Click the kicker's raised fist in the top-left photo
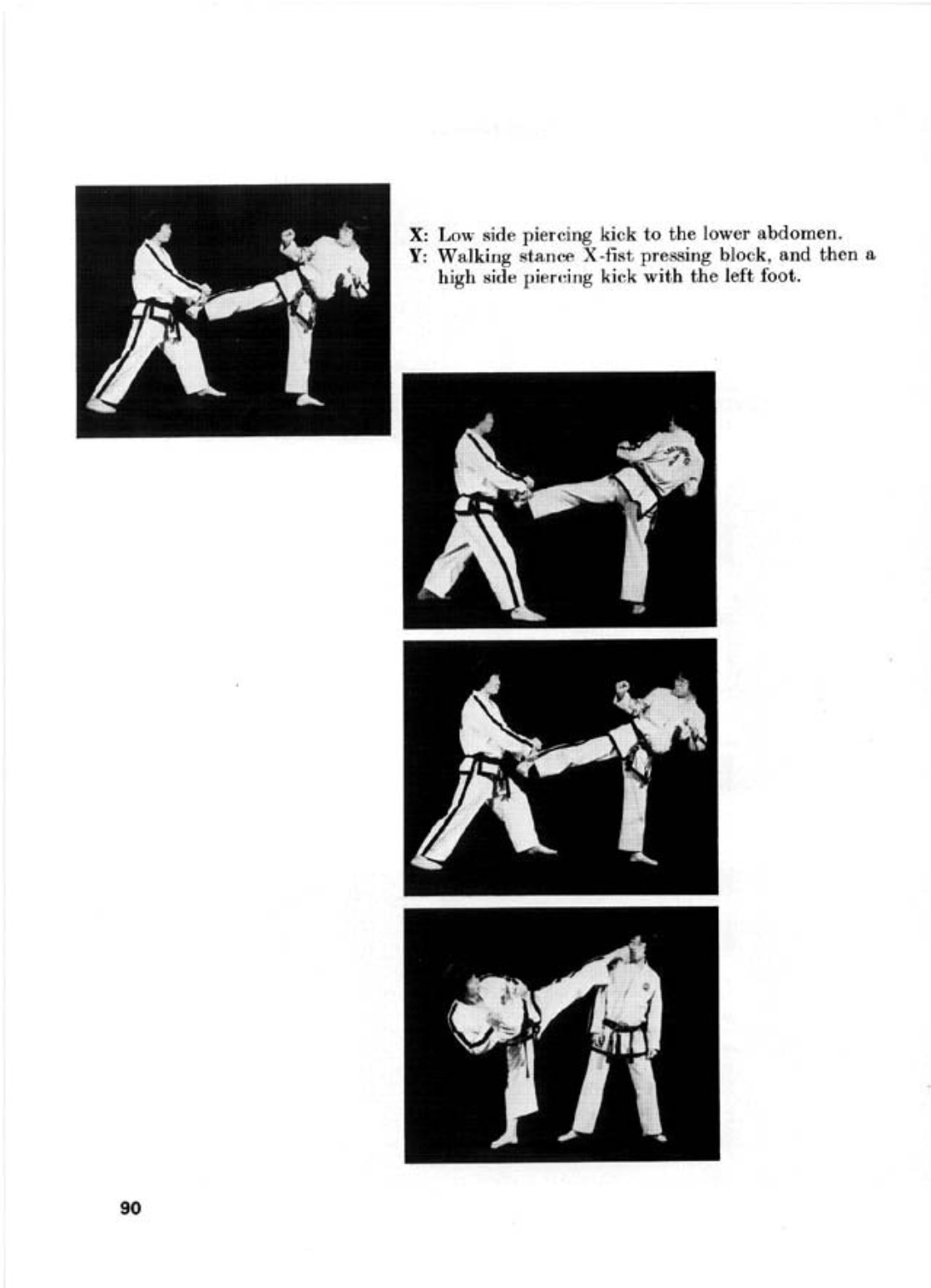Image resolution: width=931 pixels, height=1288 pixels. (x=287, y=235)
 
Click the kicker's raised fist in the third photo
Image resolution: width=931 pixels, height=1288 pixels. (x=623, y=687)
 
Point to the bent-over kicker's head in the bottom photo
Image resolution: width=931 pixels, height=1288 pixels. (x=475, y=991)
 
